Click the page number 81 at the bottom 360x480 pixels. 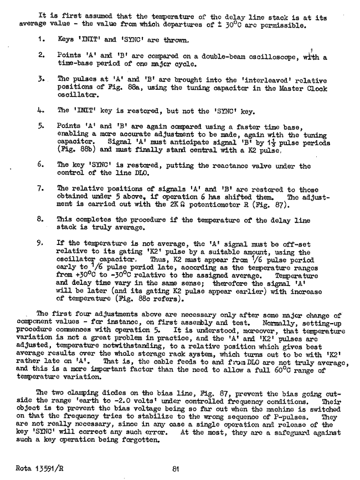click(175, 469)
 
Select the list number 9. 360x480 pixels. click(42, 242)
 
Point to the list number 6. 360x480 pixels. click(42, 165)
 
